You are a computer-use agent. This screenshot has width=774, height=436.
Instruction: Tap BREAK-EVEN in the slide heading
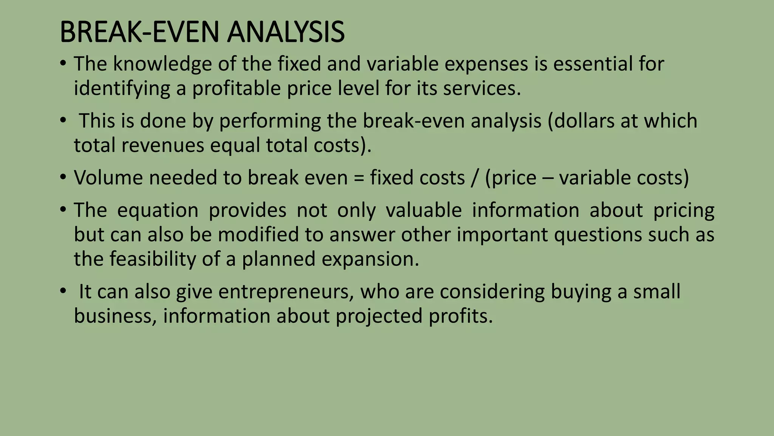pyautogui.click(x=139, y=32)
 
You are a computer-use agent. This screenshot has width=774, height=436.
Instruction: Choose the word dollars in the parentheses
pyautogui.click(x=582, y=121)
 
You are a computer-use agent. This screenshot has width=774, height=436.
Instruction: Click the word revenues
pyautogui.click(x=163, y=145)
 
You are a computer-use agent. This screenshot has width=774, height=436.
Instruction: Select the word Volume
pyautogui.click(x=108, y=178)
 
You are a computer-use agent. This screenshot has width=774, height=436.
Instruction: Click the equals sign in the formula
pyautogui.click(x=359, y=178)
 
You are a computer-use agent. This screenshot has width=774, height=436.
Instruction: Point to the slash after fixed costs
pyautogui.click(x=475, y=178)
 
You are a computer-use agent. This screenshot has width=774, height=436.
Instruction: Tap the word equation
pyautogui.click(x=158, y=210)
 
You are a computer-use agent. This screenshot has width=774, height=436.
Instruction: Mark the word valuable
pyautogui.click(x=423, y=210)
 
